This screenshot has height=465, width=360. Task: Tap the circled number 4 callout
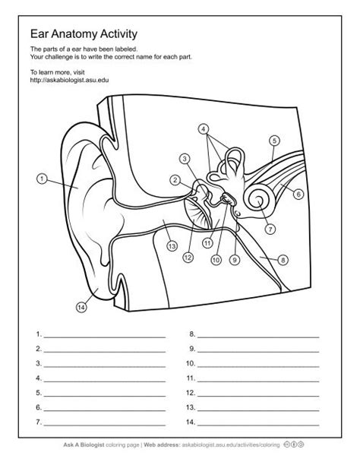tap(204, 128)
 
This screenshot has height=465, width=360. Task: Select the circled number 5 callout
tap(274, 140)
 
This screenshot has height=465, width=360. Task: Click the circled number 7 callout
tap(270, 227)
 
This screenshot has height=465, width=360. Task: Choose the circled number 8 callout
tap(283, 260)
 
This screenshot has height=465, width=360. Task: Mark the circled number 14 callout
tap(81, 307)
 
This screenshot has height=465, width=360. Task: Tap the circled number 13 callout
tap(172, 246)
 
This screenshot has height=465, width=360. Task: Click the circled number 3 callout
tap(185, 158)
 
